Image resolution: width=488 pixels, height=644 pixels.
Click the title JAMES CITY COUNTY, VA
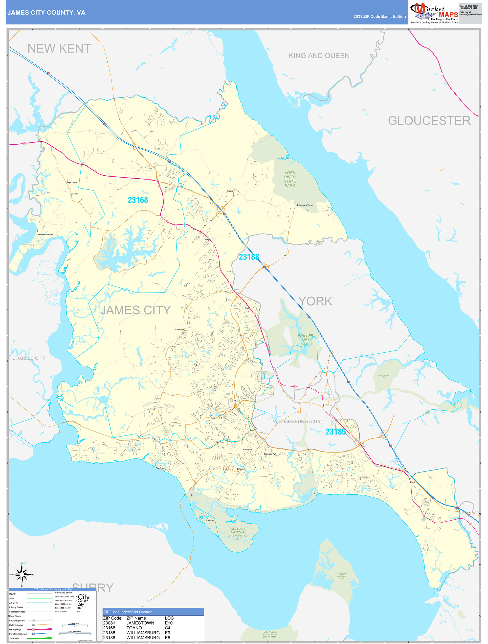tap(46, 13)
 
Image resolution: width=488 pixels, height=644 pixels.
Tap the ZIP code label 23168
tap(138, 200)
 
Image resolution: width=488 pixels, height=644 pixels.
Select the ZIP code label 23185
tap(335, 432)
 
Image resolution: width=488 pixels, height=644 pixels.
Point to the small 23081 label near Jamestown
tap(204, 517)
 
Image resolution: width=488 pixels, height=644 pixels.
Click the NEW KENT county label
tap(59, 49)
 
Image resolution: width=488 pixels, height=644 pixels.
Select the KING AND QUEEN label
tap(319, 56)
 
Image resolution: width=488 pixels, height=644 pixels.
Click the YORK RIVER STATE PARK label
tap(290, 179)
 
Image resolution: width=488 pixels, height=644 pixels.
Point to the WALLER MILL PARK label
tap(306, 340)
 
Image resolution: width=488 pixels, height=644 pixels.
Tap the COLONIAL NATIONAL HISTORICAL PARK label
tap(238, 534)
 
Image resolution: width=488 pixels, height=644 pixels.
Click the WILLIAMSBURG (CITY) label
tap(298, 421)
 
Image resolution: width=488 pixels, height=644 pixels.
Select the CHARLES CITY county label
tap(28, 358)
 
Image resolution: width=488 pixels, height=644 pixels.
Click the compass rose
tap(22, 574)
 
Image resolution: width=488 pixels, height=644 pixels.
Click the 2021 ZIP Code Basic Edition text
tap(379, 17)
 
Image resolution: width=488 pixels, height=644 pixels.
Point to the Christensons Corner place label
tap(304, 205)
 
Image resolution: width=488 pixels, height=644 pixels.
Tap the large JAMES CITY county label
tap(135, 310)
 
